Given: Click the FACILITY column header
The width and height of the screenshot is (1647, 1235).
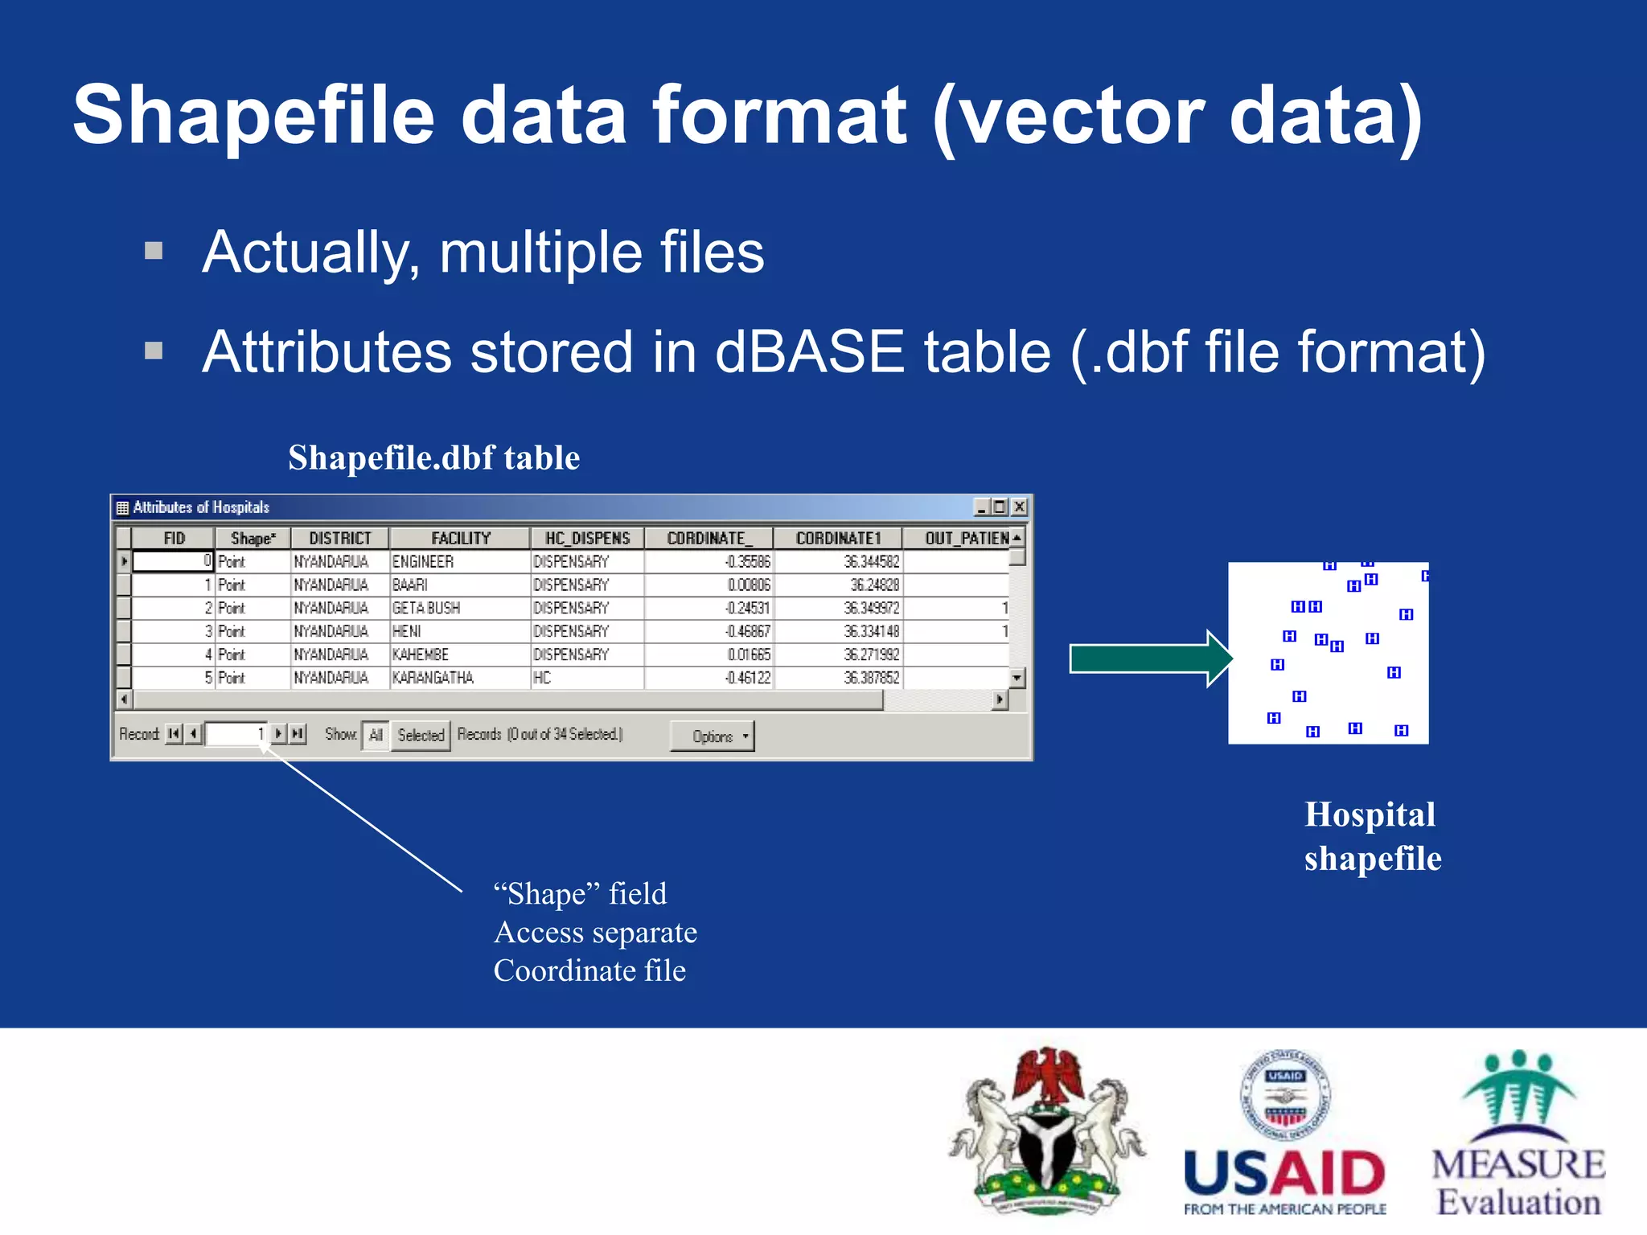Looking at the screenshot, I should coord(460,538).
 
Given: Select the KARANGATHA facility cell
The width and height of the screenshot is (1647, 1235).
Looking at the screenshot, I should coord(433,678).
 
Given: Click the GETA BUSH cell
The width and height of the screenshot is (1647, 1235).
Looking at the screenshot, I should coord(426,608).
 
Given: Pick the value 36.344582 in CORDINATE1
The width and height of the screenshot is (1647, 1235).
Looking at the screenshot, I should coord(871,561).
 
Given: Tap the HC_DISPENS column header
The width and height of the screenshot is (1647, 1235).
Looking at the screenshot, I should coord(587,538).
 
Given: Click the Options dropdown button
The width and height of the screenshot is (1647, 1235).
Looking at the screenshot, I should coord(713,736).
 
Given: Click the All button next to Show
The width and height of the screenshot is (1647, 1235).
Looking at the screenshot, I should coord(376,735).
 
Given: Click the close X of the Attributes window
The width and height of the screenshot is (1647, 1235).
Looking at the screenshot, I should coord(1019,507).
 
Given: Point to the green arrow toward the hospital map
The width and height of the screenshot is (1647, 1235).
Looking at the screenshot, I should coord(1149,659).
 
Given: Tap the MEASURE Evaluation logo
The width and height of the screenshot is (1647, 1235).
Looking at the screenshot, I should coord(1518,1134).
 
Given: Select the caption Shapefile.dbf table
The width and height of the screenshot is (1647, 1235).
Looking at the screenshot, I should coord(433,457).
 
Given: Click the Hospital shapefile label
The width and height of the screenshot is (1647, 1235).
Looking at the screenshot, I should coord(1372,836).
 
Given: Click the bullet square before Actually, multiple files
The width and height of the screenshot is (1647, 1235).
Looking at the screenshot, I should coord(154,251).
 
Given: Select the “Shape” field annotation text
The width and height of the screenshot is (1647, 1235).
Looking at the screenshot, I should coord(580,893).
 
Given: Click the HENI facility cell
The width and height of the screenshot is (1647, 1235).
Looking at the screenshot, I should coord(407,631).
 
